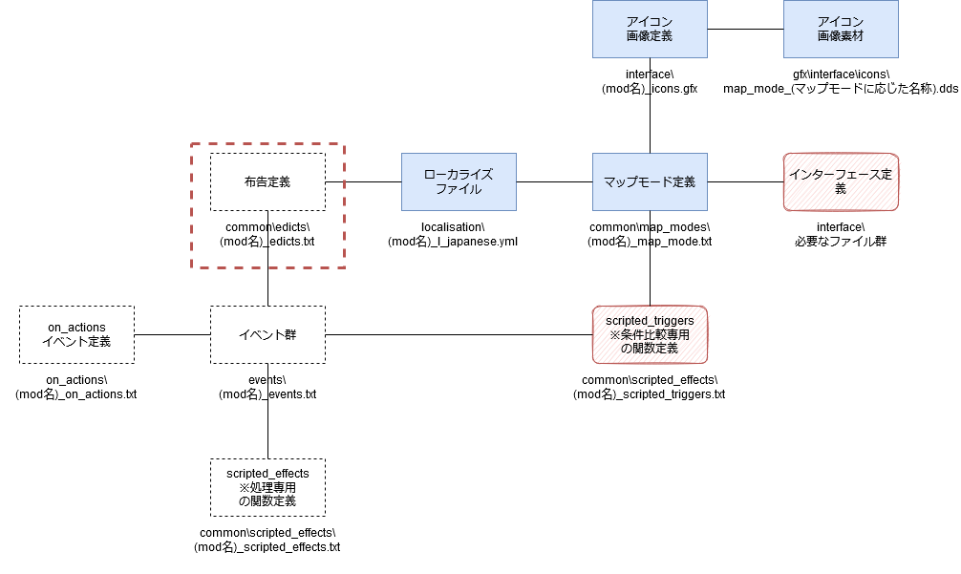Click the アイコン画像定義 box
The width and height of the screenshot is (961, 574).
pyautogui.click(x=650, y=29)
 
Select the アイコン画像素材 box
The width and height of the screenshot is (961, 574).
pyautogui.click(x=841, y=29)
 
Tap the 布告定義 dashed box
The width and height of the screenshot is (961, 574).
pyautogui.click(x=267, y=181)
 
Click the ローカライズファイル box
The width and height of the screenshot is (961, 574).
pyautogui.click(x=459, y=181)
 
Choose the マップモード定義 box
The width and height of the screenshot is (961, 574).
pyautogui.click(x=650, y=181)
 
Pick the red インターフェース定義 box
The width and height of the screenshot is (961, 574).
pyautogui.click(x=841, y=181)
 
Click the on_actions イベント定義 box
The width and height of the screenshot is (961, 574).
pyautogui.click(x=76, y=334)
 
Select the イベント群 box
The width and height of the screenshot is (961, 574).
pyautogui.click(x=267, y=334)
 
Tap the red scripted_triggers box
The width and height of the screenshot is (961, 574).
pyautogui.click(x=650, y=334)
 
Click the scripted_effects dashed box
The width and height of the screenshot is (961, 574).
pyautogui.click(x=267, y=488)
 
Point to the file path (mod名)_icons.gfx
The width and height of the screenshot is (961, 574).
pyautogui.click(x=650, y=89)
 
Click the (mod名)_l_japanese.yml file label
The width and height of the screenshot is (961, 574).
pyautogui.click(x=453, y=242)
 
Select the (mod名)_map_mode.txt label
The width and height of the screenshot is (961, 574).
pyautogui.click(x=650, y=242)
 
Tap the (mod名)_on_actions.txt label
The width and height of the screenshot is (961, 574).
pyautogui.click(x=76, y=393)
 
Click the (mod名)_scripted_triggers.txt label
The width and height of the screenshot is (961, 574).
pyautogui.click(x=649, y=393)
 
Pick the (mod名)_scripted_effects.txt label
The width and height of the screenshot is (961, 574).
pyautogui.click(x=267, y=547)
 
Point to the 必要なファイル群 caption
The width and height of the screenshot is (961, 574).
pyautogui.click(x=841, y=242)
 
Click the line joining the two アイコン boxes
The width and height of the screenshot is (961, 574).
pyautogui.click(x=745, y=29)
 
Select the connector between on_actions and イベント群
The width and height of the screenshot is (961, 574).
pyautogui.click(x=172, y=334)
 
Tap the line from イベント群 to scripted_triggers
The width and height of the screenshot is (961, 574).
pyautogui.click(x=459, y=334)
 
